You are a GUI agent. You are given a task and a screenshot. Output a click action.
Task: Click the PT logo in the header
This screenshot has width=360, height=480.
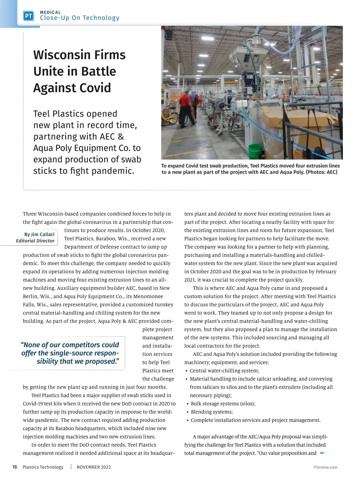click(28, 16)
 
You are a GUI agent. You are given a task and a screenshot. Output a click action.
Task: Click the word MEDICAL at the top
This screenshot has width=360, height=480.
click(50, 12)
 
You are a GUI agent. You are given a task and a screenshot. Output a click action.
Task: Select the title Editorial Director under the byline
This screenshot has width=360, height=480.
click(35, 241)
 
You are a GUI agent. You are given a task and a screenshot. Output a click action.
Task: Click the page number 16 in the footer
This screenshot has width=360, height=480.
click(15, 467)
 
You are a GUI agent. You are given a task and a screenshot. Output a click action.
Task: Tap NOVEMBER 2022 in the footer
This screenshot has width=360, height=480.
click(94, 467)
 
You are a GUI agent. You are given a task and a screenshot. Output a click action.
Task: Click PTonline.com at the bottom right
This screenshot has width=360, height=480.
click(325, 467)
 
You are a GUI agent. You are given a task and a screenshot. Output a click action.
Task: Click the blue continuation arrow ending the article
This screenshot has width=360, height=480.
click(323, 453)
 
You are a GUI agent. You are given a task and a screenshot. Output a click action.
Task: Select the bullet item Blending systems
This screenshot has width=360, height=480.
click(212, 412)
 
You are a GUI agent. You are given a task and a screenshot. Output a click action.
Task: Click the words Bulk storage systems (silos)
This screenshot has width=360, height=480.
click(223, 403)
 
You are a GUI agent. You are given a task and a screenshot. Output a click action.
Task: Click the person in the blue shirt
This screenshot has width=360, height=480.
click(197, 102)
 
